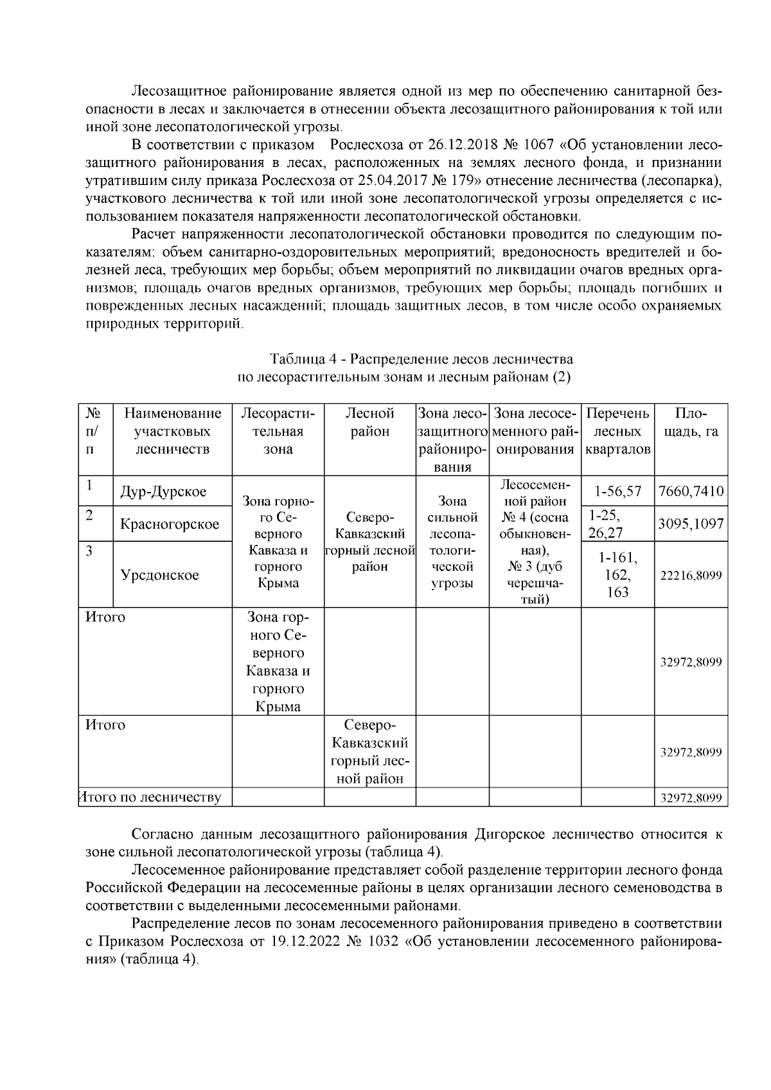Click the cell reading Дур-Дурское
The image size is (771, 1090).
pos(163,492)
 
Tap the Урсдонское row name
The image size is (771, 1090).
pos(160,575)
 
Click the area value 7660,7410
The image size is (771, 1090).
pos(691,492)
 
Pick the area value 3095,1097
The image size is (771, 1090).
pos(691,524)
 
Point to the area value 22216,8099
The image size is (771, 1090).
pos(691,576)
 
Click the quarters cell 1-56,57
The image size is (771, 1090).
pos(617,492)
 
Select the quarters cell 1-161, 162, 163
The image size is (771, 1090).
pos(617,575)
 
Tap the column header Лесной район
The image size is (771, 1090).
pos(369,423)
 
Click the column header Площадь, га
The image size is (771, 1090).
pos(691,423)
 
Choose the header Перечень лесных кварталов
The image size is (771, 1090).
pos(617,432)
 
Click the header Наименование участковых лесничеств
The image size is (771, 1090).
pos(172,432)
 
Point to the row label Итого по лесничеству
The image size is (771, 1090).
pos(150,798)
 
